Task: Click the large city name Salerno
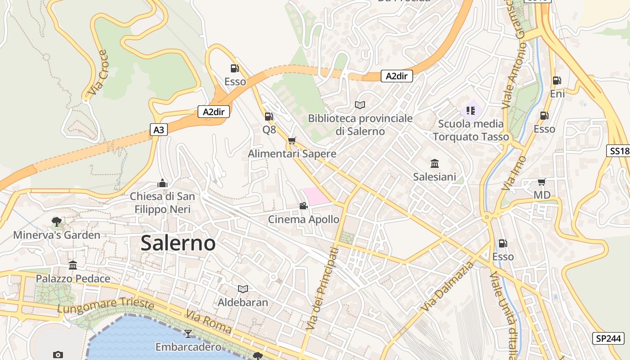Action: coord(178,243)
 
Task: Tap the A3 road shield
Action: coord(159,130)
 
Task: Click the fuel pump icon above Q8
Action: coord(269,117)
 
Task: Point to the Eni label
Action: coord(557,94)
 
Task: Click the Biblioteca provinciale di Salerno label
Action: coord(360,125)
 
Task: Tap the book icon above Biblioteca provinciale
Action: coord(360,105)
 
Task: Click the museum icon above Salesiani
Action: coord(435,163)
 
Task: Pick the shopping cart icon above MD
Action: coord(542,182)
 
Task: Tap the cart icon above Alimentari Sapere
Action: coord(292,141)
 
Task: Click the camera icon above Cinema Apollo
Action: coord(304,206)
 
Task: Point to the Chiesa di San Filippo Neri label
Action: coord(162,202)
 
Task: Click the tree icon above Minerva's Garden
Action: coord(57,221)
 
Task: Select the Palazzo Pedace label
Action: coord(73,279)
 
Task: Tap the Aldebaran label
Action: coord(243,302)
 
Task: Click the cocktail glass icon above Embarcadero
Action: coord(188,333)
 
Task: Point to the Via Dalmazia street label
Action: coord(448,287)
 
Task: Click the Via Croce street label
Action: coord(98,73)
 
